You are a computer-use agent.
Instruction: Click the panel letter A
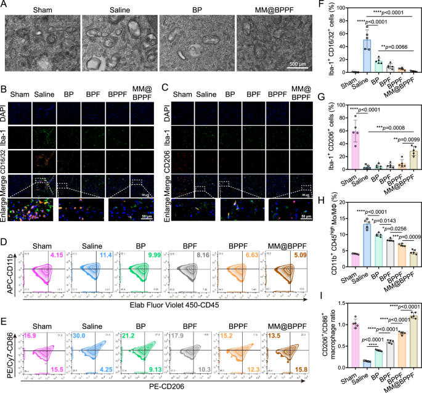tap(5, 5)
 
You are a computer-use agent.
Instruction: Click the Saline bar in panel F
tap(351, 56)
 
